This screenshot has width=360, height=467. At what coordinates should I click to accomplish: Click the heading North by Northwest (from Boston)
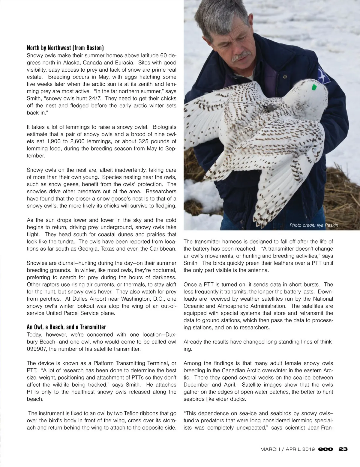[65, 48]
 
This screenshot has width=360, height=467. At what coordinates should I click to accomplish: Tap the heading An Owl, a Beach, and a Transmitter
[66, 327]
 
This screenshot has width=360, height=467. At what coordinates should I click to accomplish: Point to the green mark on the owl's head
[314, 88]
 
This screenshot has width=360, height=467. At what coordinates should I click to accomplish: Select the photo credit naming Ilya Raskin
[313, 225]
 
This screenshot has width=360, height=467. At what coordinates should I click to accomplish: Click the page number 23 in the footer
[343, 449]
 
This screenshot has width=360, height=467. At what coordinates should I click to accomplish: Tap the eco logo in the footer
[326, 449]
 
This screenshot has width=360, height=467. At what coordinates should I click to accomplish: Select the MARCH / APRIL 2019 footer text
[287, 449]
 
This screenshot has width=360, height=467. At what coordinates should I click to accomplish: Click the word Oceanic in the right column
[194, 306]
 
